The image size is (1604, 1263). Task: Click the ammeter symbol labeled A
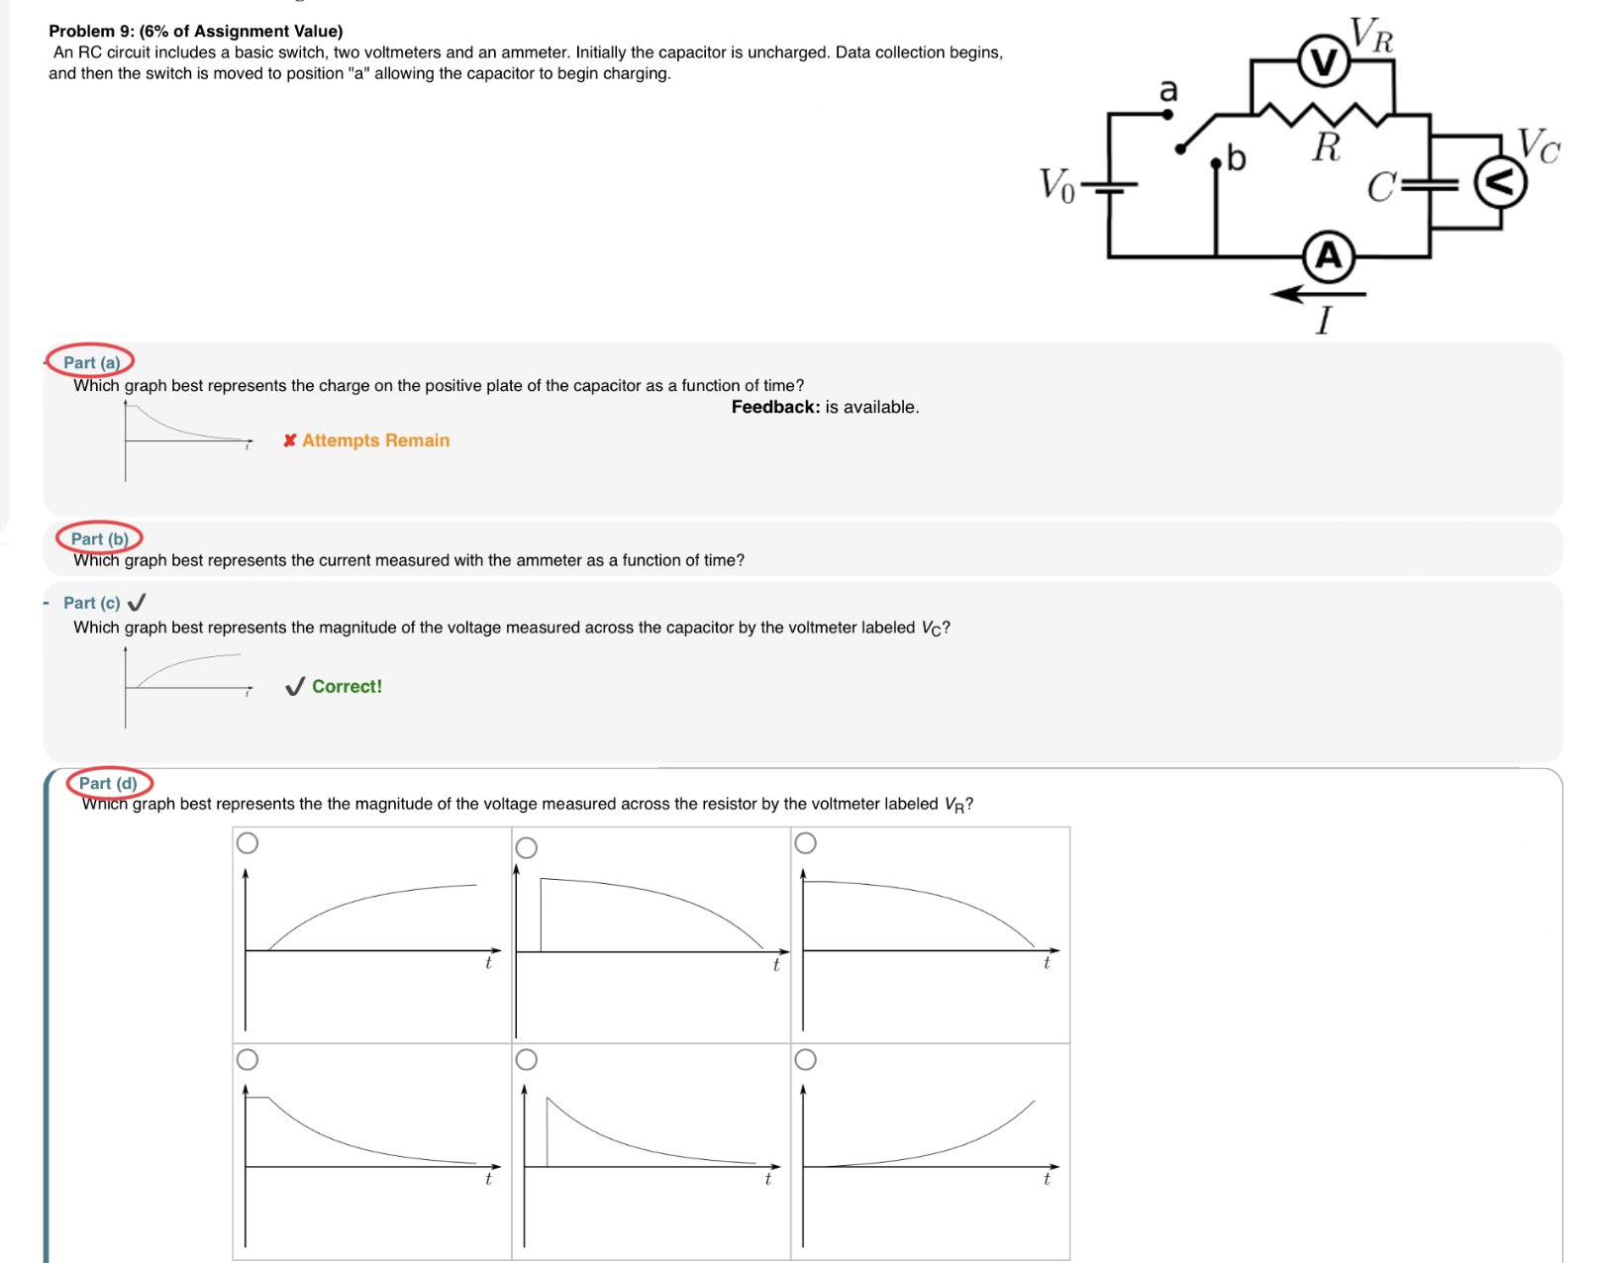click(x=1328, y=256)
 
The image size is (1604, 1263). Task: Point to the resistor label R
click(x=1326, y=148)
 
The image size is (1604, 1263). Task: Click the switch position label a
click(x=1168, y=90)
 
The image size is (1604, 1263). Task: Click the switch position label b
click(x=1236, y=157)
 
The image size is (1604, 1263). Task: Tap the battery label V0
click(x=1056, y=185)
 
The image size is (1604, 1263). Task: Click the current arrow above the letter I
click(x=1318, y=293)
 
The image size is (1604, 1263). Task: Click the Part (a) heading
click(x=91, y=362)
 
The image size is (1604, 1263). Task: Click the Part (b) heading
click(x=99, y=538)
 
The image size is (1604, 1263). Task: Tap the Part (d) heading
click(x=108, y=783)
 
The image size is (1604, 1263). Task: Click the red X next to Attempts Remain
click(x=289, y=440)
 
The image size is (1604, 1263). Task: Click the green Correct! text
click(x=347, y=687)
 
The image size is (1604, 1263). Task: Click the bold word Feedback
click(x=775, y=407)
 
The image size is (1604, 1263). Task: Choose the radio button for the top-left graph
click(x=248, y=842)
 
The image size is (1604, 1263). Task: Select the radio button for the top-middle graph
click(x=527, y=847)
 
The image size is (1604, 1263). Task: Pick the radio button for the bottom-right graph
click(x=806, y=1060)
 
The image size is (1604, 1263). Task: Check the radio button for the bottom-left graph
click(x=248, y=1060)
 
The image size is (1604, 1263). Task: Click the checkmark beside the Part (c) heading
click(x=138, y=602)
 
